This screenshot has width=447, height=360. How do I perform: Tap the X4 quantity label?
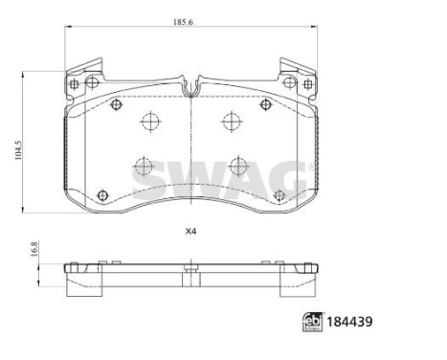point(190,230)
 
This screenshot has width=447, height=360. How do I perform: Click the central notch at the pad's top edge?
point(191,89)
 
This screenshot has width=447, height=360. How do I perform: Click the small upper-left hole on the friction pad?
point(114,104)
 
